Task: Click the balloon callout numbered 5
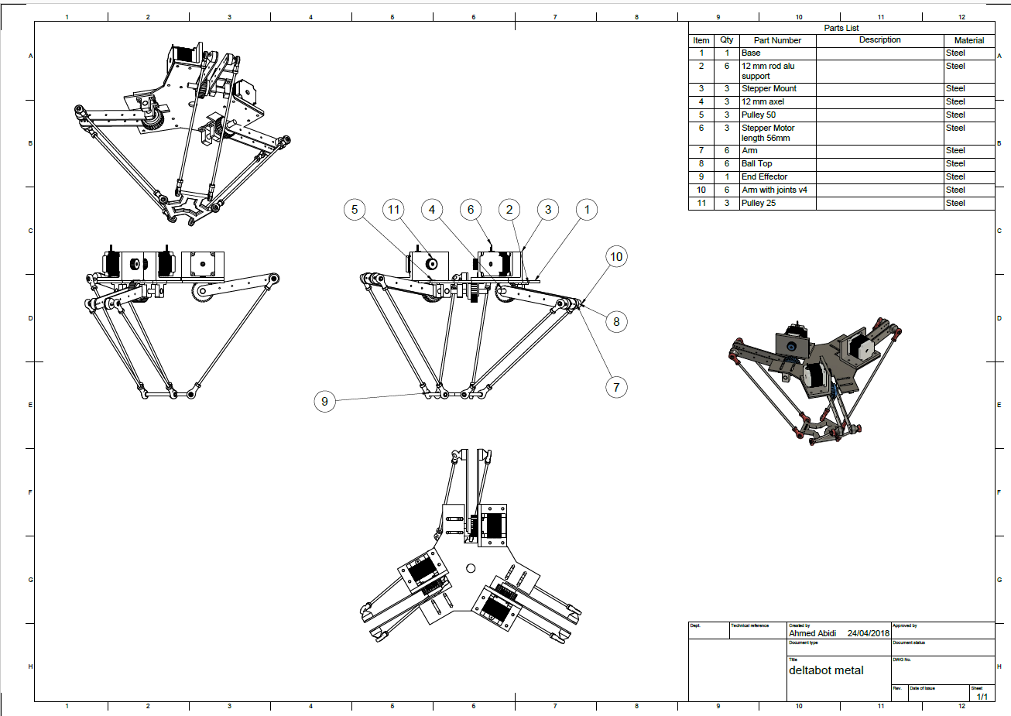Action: (355, 210)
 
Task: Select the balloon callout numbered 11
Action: (393, 210)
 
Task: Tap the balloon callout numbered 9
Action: (324, 402)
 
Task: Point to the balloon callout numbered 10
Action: (616, 257)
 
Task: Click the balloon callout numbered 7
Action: (616, 387)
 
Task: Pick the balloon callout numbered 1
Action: (587, 210)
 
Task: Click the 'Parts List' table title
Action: (841, 28)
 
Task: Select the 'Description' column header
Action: (879, 40)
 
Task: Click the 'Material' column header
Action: (968, 40)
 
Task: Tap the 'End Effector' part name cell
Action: (764, 176)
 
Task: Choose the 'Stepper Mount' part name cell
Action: (769, 88)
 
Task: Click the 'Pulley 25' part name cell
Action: (759, 203)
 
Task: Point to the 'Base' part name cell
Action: (751, 53)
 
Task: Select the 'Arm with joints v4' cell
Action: (774, 190)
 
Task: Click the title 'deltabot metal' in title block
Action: (826, 670)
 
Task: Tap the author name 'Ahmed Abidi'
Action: (812, 633)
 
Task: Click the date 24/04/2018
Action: (868, 633)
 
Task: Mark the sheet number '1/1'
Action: (982, 697)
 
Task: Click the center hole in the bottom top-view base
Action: (471, 568)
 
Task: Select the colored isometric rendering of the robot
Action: (813, 379)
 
